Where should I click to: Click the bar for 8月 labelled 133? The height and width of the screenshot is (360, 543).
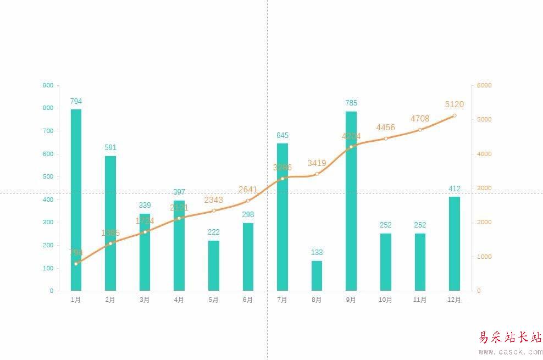pyautogui.click(x=317, y=275)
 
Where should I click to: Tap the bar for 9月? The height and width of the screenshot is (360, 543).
pyautogui.click(x=351, y=201)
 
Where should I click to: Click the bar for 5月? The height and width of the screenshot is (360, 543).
pyautogui.click(x=214, y=265)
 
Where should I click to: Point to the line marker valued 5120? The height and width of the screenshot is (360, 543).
pyautogui.click(x=455, y=115)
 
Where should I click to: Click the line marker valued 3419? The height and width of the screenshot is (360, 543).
pyautogui.click(x=317, y=174)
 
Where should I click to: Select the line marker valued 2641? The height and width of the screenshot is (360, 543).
pyautogui.click(x=248, y=201)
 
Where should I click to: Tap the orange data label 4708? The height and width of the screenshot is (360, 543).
pyautogui.click(x=420, y=119)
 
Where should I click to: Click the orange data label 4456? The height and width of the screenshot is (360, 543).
pyautogui.click(x=385, y=128)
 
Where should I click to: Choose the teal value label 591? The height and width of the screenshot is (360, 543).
pyautogui.click(x=110, y=147)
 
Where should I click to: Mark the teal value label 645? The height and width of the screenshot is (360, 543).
pyautogui.click(x=282, y=135)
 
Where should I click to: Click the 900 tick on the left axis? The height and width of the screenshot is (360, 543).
pyautogui.click(x=48, y=85)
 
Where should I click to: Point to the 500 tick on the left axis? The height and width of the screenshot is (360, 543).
pyautogui.click(x=48, y=177)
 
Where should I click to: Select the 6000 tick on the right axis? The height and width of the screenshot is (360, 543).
pyautogui.click(x=484, y=85)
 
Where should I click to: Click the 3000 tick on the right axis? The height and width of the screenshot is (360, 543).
pyautogui.click(x=484, y=188)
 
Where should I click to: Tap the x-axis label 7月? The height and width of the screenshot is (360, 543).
pyautogui.click(x=282, y=300)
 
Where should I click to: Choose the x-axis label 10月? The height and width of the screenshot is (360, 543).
pyautogui.click(x=385, y=300)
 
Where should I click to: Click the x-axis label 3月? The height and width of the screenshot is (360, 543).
pyautogui.click(x=145, y=300)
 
